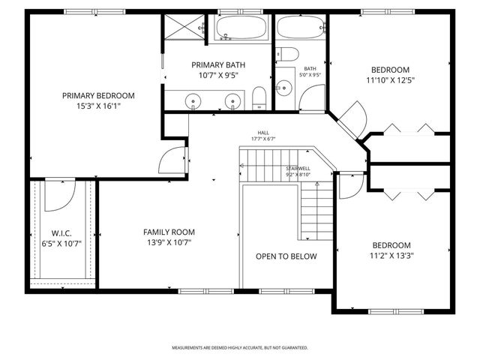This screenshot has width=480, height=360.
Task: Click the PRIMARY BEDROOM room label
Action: coord(98,95)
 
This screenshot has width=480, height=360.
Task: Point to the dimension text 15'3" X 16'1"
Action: coord(98,106)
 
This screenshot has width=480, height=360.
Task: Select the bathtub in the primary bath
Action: coord(239,30)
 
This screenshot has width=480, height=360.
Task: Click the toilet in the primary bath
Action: coord(259,96)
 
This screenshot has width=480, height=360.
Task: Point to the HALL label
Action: coord(263,133)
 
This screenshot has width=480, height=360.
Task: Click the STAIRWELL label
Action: coord(298,169)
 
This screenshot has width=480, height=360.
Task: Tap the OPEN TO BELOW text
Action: coord(286,256)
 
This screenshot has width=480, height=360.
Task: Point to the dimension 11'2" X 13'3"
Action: coord(391,256)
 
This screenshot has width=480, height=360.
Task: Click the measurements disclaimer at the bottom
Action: coord(240,348)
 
